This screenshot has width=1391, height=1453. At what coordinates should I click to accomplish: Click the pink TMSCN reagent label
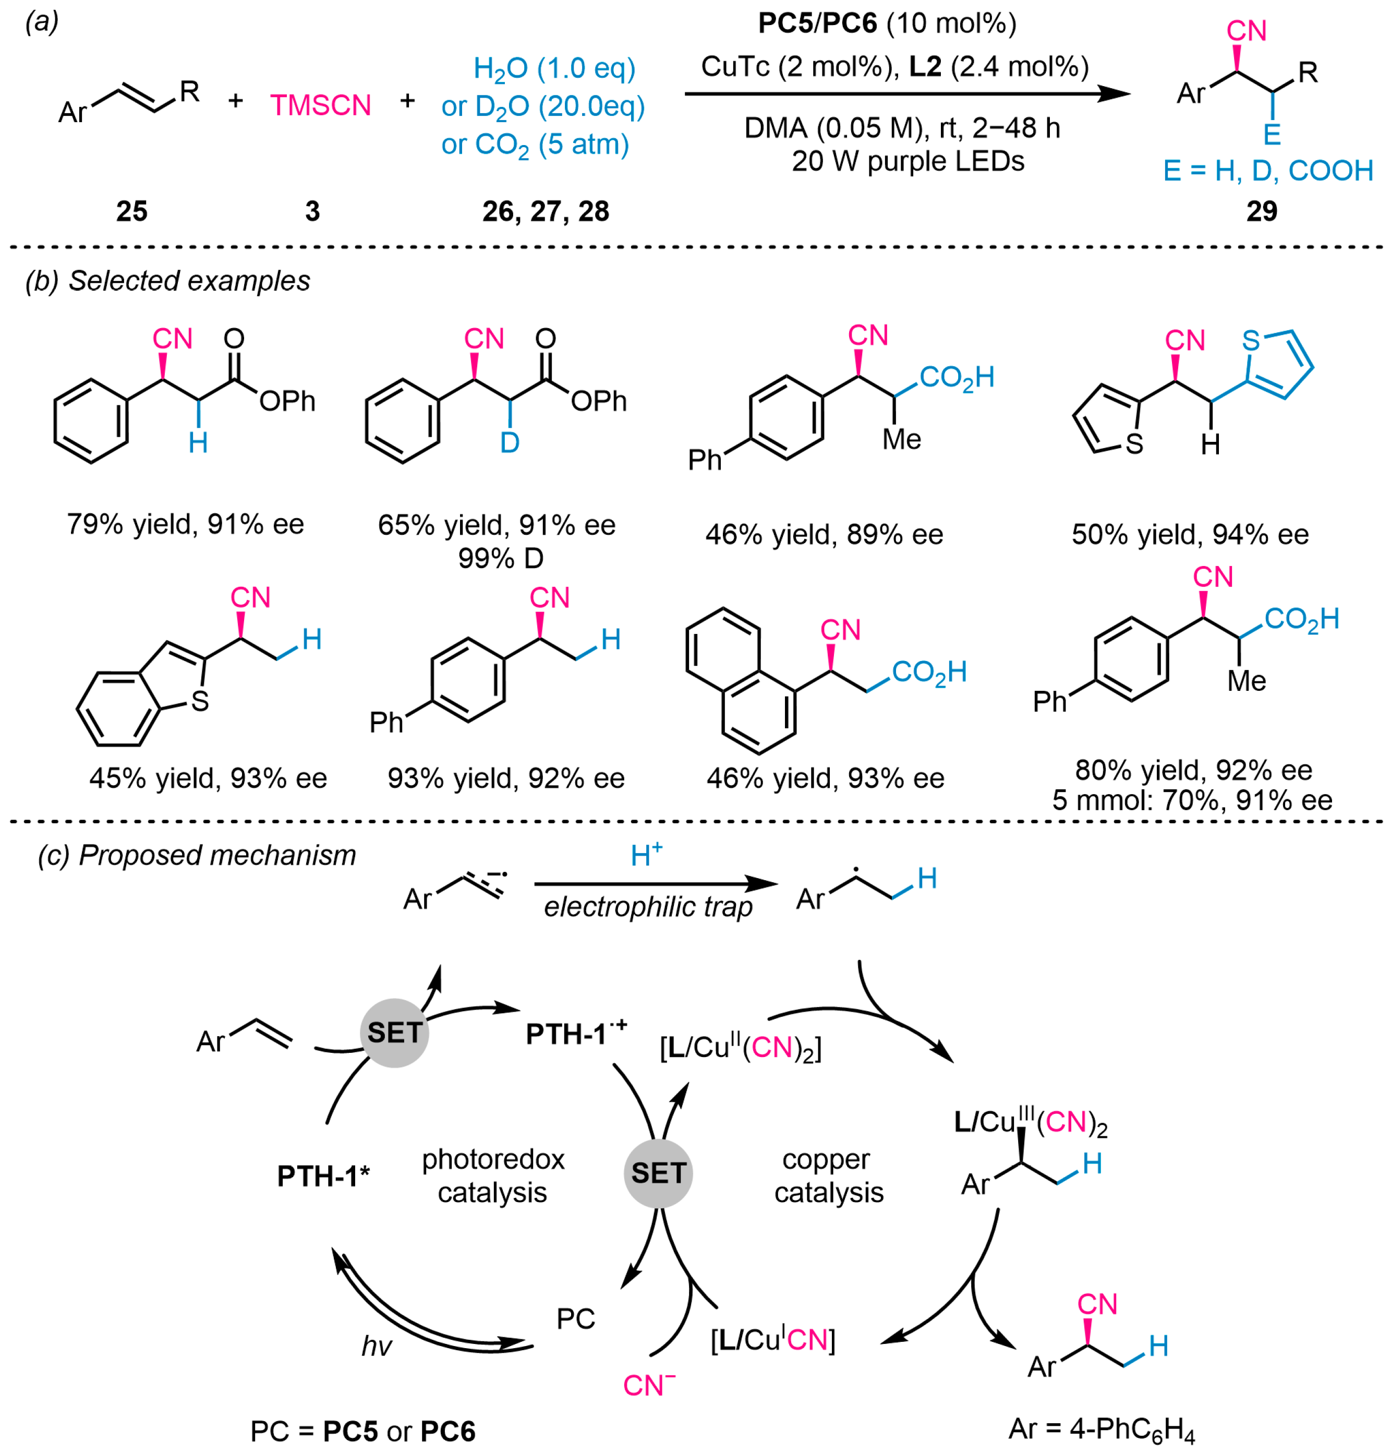click(x=320, y=105)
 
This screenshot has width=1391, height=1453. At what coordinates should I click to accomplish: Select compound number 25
click(x=132, y=211)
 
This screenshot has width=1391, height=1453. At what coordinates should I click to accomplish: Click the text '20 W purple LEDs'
click(x=908, y=161)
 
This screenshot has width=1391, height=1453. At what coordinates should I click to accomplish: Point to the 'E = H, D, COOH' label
click(x=1268, y=171)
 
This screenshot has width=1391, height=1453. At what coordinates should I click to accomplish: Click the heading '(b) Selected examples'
click(x=167, y=281)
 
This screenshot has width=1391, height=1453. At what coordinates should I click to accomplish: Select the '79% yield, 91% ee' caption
click(x=185, y=524)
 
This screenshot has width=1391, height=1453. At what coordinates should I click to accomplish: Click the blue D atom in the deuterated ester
click(x=510, y=442)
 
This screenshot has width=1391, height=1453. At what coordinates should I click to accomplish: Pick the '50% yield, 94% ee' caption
click(x=1190, y=534)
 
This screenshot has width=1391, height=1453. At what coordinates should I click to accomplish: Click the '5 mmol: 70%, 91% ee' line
click(x=1192, y=800)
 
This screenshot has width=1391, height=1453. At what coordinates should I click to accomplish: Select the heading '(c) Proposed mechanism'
click(x=197, y=855)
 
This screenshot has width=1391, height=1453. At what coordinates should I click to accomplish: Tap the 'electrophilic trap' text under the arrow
click(x=648, y=907)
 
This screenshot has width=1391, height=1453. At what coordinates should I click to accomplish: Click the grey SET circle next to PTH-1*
click(x=394, y=1032)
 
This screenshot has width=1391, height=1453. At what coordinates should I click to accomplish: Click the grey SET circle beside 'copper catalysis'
click(x=658, y=1173)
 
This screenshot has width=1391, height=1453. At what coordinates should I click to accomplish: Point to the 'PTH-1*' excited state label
click(x=323, y=1176)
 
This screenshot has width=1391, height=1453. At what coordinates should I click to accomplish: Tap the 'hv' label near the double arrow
click(x=377, y=1346)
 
